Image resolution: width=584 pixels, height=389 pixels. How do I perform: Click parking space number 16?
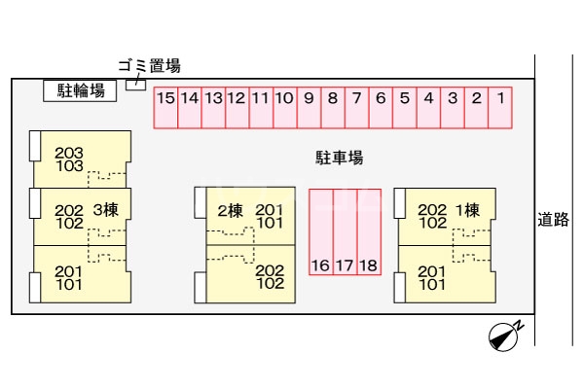[320, 233]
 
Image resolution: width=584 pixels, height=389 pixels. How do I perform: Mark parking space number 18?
[368, 233]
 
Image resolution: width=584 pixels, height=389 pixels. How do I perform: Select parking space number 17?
[345, 233]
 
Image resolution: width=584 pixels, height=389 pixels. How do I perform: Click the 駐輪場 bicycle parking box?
[80, 91]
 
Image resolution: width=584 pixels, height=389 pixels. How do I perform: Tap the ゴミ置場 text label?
[149, 66]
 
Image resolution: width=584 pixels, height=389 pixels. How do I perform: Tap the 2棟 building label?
[230, 210]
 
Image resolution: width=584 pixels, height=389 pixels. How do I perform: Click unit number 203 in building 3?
[69, 153]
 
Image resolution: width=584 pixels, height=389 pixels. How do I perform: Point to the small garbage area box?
[137, 84]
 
